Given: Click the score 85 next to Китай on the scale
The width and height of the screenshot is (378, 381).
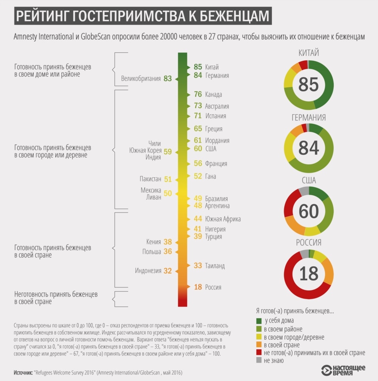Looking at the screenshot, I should (x=198, y=67).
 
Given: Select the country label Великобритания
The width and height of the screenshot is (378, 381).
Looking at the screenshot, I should (x=141, y=79).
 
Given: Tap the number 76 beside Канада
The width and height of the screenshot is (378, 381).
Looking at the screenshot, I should (x=198, y=94).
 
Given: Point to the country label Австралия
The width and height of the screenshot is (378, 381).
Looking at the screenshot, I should (x=217, y=106).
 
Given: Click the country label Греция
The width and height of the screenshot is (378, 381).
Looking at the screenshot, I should (x=214, y=129).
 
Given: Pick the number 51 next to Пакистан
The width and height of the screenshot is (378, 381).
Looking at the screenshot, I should (x=168, y=179).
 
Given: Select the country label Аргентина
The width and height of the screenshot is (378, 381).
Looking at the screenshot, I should (x=217, y=206).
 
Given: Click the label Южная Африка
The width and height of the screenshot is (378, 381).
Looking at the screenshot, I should (x=223, y=219).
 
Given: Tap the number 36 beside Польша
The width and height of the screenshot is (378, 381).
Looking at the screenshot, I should (x=168, y=251).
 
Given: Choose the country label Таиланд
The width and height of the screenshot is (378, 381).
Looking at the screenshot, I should (x=215, y=266).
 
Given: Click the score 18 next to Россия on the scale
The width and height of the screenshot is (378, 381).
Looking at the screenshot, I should (x=198, y=287).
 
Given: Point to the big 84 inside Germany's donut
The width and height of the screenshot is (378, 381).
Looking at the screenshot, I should (x=308, y=148).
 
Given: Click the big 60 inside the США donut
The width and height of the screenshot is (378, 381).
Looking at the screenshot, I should (x=308, y=211).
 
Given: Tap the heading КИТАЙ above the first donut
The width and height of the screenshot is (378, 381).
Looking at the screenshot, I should (x=308, y=53).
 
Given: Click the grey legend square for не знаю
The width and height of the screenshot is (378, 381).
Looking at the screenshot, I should (x=259, y=361).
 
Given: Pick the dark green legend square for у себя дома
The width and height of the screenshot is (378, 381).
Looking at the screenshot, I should (x=259, y=321).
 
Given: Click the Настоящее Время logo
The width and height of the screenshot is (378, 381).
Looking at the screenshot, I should (x=343, y=370).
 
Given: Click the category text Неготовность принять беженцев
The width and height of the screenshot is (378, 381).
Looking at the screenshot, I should (x=56, y=294).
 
